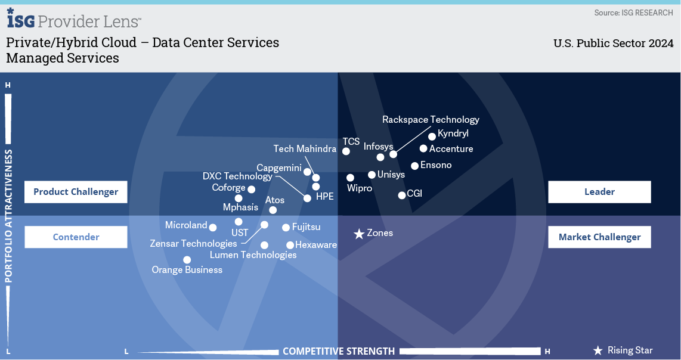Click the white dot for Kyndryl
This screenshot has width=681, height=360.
tap(432, 136)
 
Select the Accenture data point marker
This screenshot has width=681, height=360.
tap(423, 148)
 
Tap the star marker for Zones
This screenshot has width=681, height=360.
tap(359, 234)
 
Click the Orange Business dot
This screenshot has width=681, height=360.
tap(187, 260)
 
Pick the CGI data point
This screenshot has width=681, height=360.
tap(402, 195)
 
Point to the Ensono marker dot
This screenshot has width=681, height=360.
tap(415, 166)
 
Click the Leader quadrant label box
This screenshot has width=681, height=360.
tap(599, 192)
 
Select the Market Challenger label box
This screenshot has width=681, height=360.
tap(599, 237)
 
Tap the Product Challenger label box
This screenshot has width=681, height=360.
tap(76, 192)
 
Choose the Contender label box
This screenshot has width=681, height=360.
tap(76, 237)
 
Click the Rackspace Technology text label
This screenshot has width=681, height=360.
tap(431, 119)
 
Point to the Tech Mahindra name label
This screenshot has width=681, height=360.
tap(305, 148)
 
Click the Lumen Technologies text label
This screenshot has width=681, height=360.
tap(253, 255)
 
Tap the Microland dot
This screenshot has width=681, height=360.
tap(213, 227)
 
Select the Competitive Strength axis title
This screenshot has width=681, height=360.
tap(339, 351)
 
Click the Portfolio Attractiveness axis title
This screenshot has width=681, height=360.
tap(8, 216)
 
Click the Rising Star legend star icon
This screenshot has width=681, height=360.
tap(598, 350)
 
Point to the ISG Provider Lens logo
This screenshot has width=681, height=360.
tap(74, 18)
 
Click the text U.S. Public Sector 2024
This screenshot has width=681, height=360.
tap(613, 44)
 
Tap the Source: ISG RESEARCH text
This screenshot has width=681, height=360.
tap(634, 13)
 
